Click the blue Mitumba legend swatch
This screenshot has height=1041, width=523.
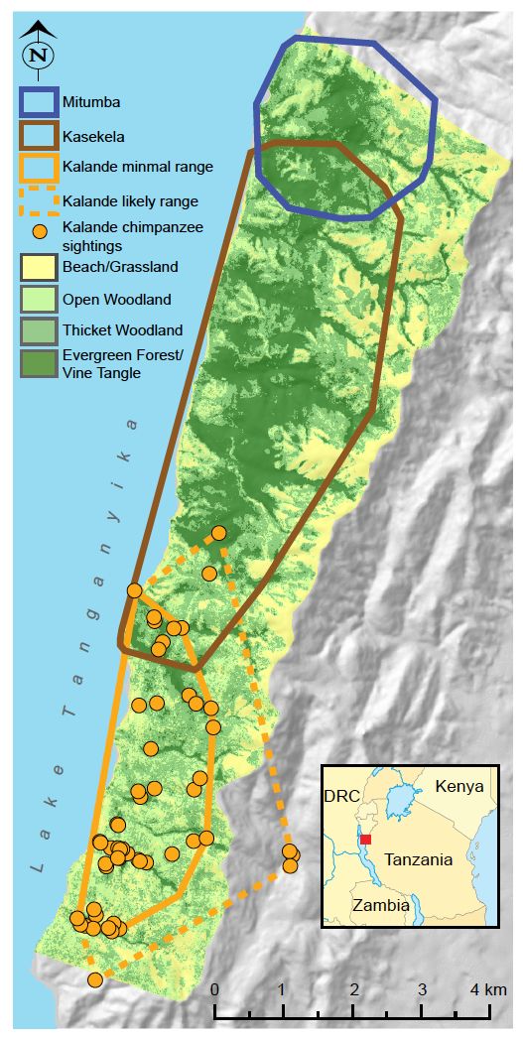[38, 100]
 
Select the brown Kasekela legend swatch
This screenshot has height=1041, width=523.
[38, 133]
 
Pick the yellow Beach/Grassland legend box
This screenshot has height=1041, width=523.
[38, 267]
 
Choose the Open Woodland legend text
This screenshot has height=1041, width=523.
[116, 300]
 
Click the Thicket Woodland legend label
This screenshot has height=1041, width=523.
[122, 330]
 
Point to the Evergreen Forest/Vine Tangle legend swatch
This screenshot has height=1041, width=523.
[38, 365]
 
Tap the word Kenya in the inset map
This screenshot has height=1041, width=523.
[459, 786]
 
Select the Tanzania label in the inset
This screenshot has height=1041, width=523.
[421, 859]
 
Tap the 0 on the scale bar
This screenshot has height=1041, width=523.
[214, 989]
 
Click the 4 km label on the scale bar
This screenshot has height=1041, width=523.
[487, 989]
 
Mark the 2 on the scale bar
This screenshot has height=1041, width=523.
[354, 989]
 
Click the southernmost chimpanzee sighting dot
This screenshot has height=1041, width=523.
[94, 979]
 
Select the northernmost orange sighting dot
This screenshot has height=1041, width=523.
[218, 533]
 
